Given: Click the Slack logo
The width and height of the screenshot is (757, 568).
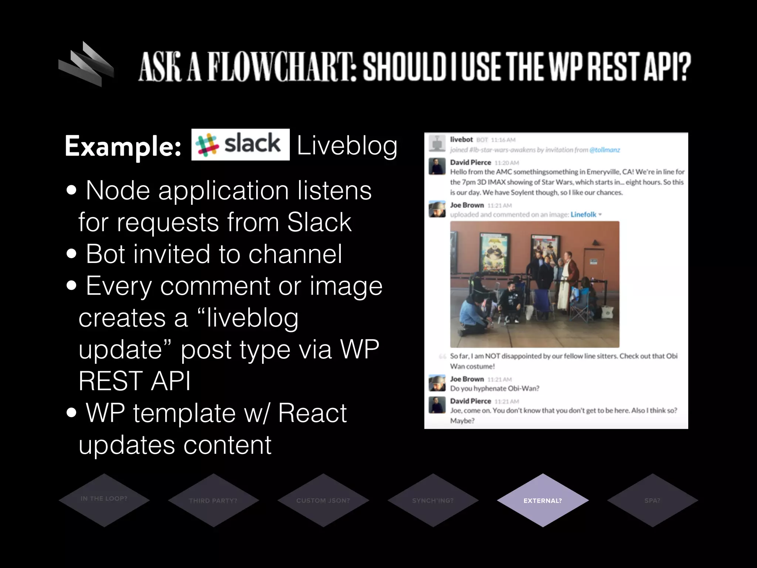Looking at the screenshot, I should (x=240, y=144).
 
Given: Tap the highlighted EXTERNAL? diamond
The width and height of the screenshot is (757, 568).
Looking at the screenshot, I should (x=543, y=500).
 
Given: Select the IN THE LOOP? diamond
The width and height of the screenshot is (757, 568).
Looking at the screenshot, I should (x=104, y=500).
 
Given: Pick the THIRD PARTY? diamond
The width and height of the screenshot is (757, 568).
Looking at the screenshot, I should (x=213, y=500).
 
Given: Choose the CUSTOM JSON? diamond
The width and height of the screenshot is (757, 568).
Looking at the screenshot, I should (x=323, y=500).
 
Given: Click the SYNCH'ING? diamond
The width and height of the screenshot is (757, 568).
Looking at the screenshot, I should (x=433, y=500).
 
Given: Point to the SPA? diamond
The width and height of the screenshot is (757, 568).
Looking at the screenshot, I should (x=652, y=500).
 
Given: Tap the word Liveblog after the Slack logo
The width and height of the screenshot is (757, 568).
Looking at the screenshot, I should (x=347, y=145).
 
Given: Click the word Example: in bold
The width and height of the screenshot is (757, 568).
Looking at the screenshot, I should (x=123, y=146).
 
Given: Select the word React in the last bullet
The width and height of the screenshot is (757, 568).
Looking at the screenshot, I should (x=312, y=413).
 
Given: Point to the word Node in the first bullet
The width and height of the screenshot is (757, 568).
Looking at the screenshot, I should (x=118, y=190).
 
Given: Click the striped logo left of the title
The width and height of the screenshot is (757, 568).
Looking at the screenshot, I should (x=86, y=64).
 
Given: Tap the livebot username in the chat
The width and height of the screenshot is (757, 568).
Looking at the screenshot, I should (x=461, y=139).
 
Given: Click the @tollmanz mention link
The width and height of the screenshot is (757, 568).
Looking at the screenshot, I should (x=605, y=150).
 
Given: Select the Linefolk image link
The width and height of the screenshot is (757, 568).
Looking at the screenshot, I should (x=583, y=214).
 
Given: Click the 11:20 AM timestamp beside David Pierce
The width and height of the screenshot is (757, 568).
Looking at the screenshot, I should (x=506, y=163).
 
